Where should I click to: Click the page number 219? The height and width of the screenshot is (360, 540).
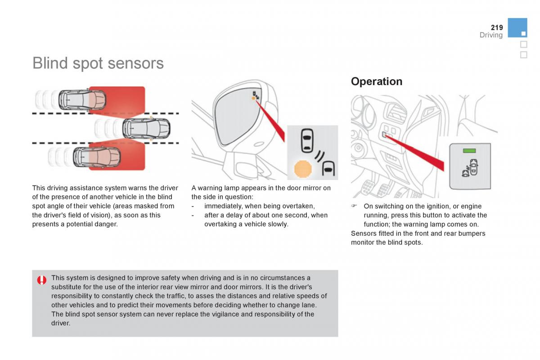coord(497,27)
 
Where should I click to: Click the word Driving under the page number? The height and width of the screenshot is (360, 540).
coord(491,35)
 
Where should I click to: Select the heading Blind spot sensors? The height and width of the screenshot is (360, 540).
coord(98,63)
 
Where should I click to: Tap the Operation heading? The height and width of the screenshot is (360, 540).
coord(377,81)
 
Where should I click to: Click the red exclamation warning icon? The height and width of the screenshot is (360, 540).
coord(42,280)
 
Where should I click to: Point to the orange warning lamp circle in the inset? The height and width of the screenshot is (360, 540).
coord(303,169)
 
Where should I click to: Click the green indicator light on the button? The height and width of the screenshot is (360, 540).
coord(469,151)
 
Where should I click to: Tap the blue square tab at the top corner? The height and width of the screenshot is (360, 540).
coord(517,28)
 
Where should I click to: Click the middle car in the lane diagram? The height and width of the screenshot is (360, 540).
coord(146,128)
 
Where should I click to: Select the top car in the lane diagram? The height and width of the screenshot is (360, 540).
coord(82,99)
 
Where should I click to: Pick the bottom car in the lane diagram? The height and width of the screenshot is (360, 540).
coord(97,157)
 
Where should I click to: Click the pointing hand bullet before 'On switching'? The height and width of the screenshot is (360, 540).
coord(354,206)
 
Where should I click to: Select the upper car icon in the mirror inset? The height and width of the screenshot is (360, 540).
coord(307,140)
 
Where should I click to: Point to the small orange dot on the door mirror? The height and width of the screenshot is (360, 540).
coord(253,98)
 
